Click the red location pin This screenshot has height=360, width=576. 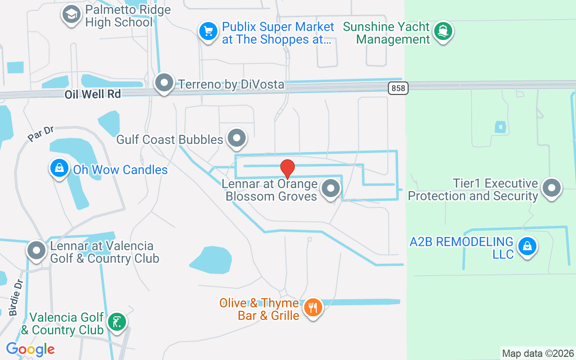288,168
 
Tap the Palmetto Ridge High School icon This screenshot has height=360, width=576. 71,14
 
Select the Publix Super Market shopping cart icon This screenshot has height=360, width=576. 208,31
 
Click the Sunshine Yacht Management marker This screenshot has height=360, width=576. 443,31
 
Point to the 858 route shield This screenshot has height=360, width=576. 398,88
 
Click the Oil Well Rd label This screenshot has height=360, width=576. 93,94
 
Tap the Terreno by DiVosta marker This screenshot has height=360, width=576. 164,83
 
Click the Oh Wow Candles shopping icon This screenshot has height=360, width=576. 59,168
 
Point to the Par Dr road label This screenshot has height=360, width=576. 40,134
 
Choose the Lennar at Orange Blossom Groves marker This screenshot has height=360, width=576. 331,189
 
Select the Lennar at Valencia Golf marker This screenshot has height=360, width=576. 37,250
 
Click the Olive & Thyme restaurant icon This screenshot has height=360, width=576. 312,308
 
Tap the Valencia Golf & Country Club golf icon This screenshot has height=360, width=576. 117,322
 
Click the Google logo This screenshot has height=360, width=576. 30,349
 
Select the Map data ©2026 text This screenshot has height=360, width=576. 538,353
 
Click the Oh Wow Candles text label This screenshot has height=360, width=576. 120,170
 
